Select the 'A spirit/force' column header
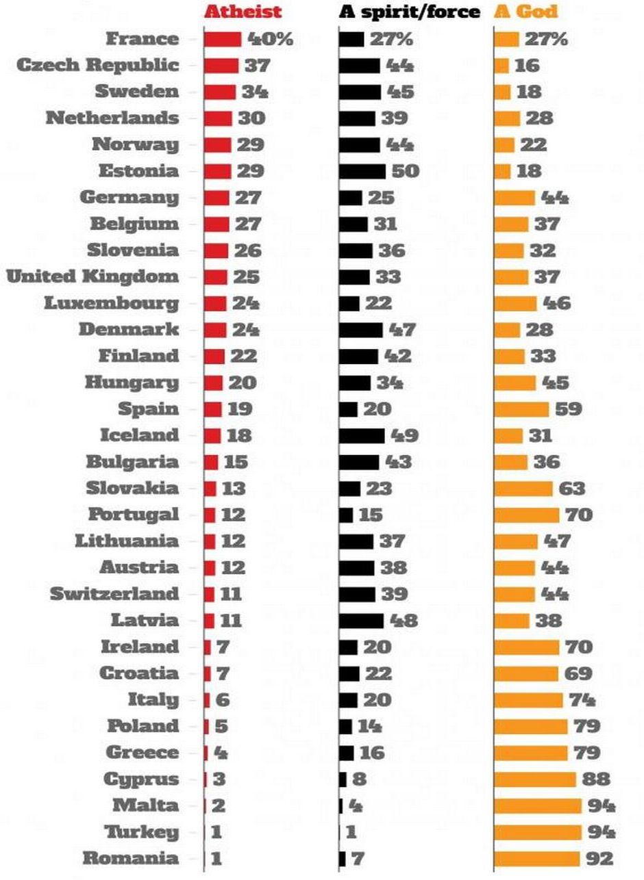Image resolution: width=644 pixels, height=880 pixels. click(x=410, y=12)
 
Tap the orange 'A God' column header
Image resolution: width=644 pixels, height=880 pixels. click(x=525, y=12)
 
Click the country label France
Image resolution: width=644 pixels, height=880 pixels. click(x=142, y=39)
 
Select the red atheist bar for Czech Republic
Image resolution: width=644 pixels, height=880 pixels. click(x=221, y=66)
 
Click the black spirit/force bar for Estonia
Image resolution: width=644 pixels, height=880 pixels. click(x=362, y=171)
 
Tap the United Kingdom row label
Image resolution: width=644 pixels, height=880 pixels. click(x=92, y=277)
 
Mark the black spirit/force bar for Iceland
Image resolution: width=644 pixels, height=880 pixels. click(x=362, y=436)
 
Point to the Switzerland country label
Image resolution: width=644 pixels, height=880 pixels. click(x=114, y=594)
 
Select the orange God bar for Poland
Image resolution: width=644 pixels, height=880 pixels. click(x=531, y=726)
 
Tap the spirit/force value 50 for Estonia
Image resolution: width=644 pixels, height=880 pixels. click(x=405, y=171)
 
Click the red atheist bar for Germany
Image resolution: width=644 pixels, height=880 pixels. click(x=216, y=198)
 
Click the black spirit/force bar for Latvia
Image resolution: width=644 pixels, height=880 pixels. click(x=362, y=621)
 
